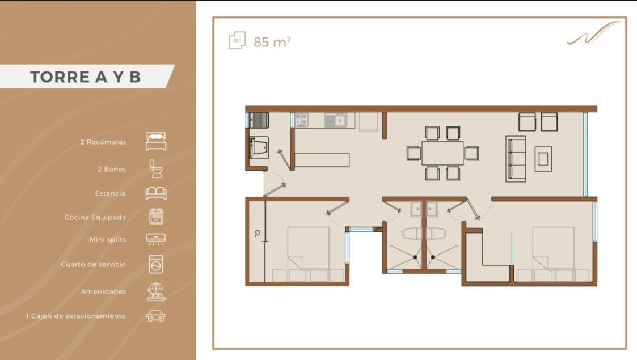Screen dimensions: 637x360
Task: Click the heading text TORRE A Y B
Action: [x=85, y=77]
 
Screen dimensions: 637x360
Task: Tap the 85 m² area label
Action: [x=272, y=42]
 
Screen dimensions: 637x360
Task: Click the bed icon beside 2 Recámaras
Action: [x=156, y=141]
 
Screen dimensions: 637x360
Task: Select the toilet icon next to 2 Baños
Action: [x=156, y=169]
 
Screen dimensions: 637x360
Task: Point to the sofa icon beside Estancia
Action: [x=156, y=193]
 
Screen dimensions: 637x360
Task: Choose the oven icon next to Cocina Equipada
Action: [x=157, y=217]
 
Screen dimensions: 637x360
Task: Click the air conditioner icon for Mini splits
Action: [x=156, y=239]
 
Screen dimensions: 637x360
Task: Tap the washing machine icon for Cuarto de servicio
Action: [x=156, y=264]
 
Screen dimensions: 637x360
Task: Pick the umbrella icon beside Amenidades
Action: [x=156, y=292]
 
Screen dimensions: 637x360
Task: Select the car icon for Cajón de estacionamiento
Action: [x=156, y=316]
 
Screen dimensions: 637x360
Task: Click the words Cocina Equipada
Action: [x=95, y=218]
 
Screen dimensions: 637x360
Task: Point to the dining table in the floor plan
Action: [x=442, y=153]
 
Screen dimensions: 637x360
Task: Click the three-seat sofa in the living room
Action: [x=516, y=159]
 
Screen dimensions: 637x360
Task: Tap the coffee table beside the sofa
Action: [x=543, y=159]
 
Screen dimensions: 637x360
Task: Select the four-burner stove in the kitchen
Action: [x=301, y=120]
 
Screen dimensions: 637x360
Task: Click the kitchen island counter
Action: [x=322, y=160]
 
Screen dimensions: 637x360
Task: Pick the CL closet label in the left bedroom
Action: [x=257, y=234]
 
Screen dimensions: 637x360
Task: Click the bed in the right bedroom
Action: [x=553, y=254]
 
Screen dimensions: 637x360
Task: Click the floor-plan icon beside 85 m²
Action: [x=237, y=41]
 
